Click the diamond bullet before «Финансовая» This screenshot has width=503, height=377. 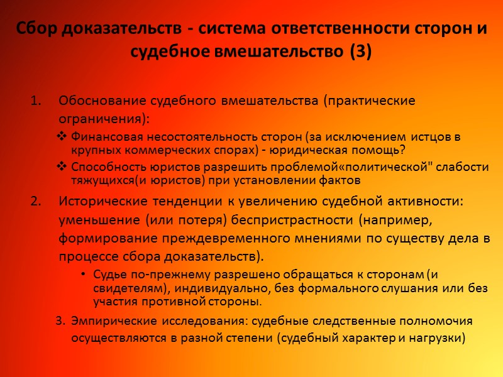(62, 136)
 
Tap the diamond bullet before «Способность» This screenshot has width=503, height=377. (62, 167)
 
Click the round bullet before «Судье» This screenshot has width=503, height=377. (84, 275)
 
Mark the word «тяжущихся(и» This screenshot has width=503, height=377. (104, 180)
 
